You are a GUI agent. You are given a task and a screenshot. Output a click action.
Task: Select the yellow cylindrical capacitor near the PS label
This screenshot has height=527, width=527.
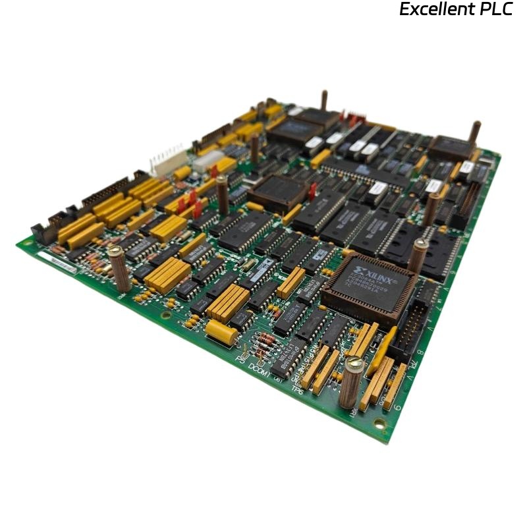221,333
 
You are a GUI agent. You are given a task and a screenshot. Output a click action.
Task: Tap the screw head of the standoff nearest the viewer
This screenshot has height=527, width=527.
353,363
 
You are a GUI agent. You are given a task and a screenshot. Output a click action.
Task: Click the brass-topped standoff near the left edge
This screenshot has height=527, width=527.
118,268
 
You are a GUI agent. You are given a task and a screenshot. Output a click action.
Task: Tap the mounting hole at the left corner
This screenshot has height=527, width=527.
26,242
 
